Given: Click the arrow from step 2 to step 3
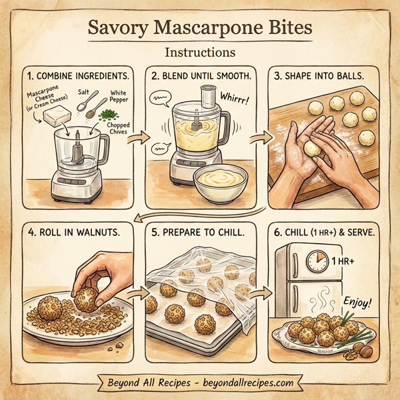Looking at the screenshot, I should tap(257, 139).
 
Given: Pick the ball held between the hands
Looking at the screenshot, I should tap(312, 148).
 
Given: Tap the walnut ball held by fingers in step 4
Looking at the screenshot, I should tap(86, 299).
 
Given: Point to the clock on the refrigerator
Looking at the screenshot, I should tap(316, 261).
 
